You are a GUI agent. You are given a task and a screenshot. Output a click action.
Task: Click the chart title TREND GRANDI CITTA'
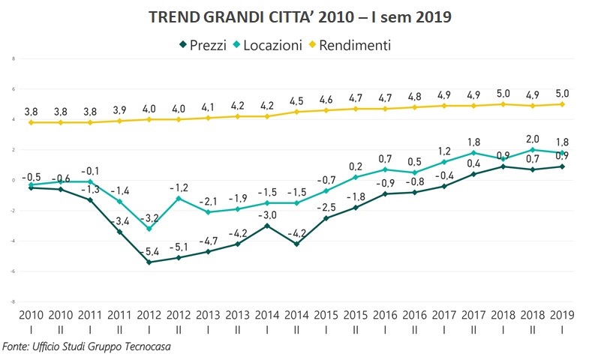[x=300, y=16]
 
